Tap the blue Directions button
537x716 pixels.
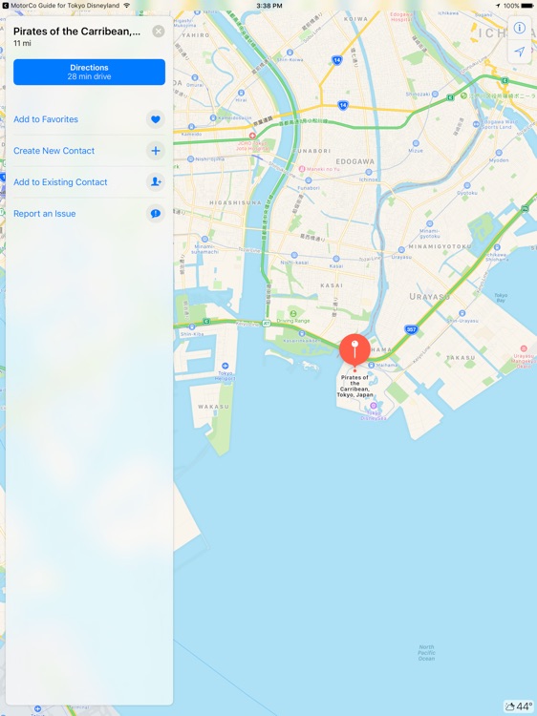click(89, 72)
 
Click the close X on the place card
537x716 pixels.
click(159, 32)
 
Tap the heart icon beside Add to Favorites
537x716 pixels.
click(156, 119)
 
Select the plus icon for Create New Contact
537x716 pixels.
click(156, 151)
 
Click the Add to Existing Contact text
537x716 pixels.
click(60, 182)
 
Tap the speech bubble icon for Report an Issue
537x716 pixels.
click(156, 214)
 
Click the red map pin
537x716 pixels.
click(354, 349)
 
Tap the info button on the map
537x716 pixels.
click(520, 28)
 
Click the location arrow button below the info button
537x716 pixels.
click(520, 52)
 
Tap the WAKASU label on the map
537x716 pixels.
click(213, 406)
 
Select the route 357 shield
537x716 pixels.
click(411, 329)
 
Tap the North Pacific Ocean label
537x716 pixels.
click(426, 653)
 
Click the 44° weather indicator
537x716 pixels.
click(519, 706)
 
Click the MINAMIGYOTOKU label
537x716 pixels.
click(441, 246)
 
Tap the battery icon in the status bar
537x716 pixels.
click(526, 5)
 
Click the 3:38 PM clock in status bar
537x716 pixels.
click(268, 5)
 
